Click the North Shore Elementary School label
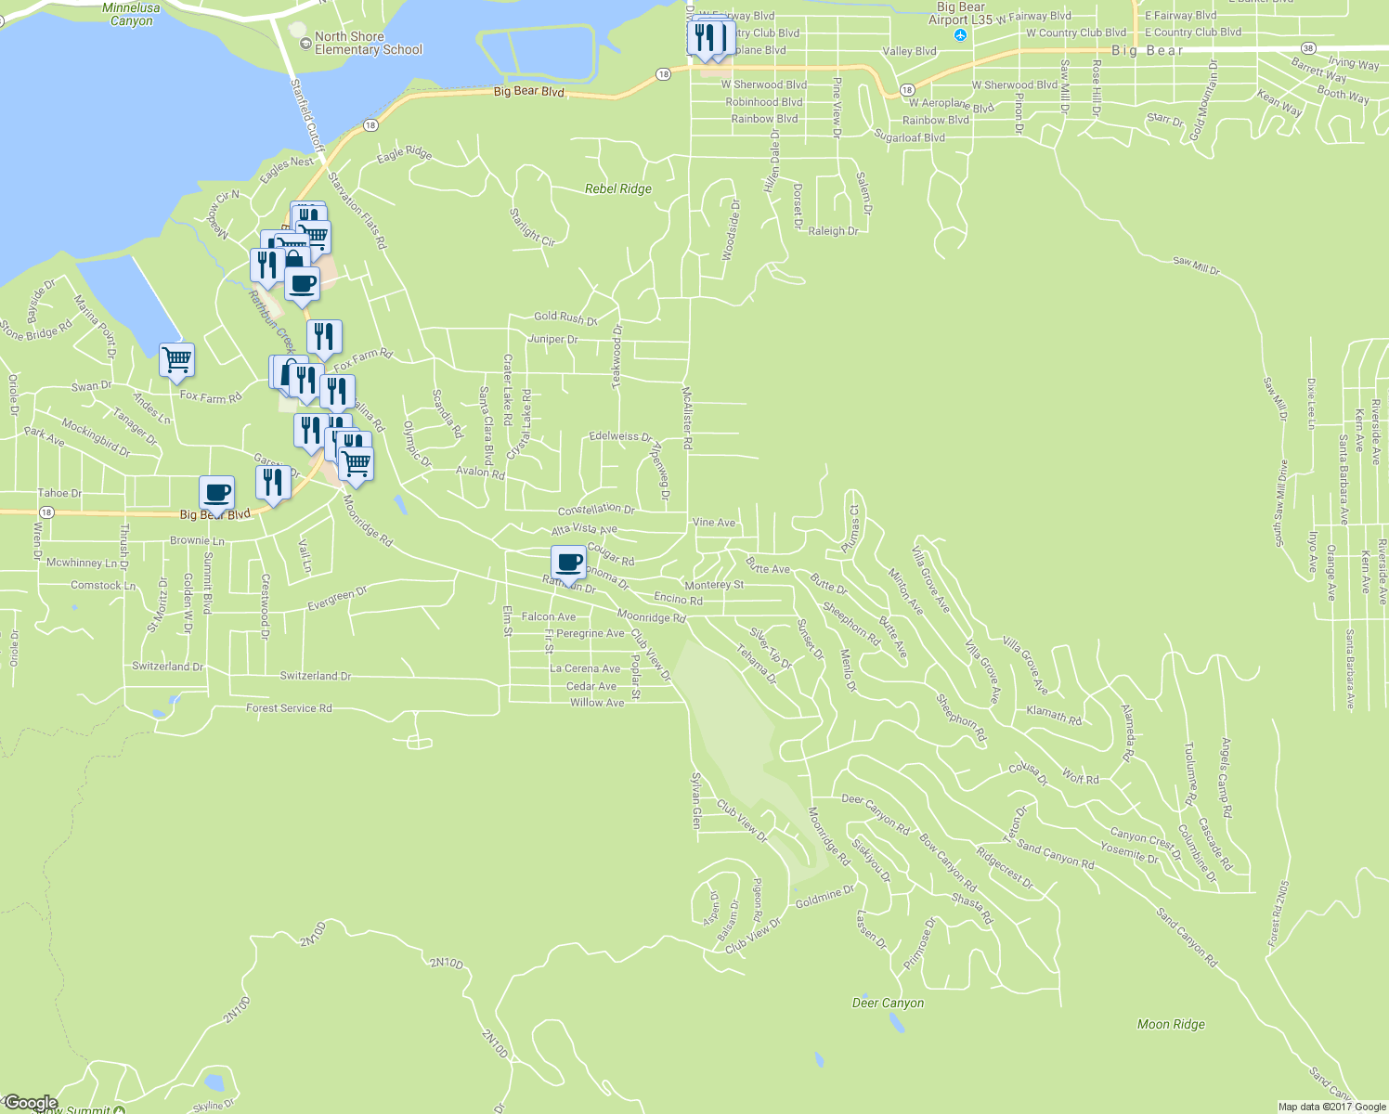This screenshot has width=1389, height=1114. point(368,43)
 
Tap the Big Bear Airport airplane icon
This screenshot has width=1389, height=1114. point(961,35)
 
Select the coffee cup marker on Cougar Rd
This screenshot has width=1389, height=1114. point(568,562)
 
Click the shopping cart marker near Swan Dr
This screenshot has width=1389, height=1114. point(176,358)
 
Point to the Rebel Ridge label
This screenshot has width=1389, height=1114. point(618,188)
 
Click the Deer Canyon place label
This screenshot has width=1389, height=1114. point(888,1003)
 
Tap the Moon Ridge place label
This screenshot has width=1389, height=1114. point(1171,1024)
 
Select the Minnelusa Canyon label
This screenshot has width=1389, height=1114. point(131,14)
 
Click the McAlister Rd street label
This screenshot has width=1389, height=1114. point(687,418)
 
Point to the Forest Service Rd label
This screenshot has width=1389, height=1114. point(289,708)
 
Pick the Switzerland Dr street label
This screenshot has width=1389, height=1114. point(316,676)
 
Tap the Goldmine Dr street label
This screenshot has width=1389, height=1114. point(824,896)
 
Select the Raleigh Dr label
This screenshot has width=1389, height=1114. point(833,231)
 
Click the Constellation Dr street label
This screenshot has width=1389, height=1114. point(596,510)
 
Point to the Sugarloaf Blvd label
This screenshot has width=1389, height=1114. point(909,137)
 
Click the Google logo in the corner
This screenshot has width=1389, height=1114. point(31,1103)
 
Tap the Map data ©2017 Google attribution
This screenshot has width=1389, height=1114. point(1331,1107)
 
